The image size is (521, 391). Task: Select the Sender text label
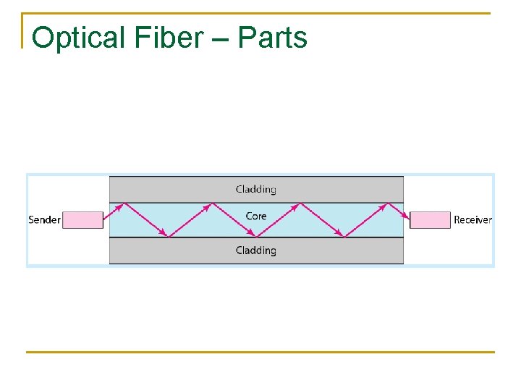tap(44, 219)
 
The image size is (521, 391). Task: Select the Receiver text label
tap(473, 219)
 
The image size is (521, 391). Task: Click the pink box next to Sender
tap(82, 219)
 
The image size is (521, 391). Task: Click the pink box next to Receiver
tap(430, 219)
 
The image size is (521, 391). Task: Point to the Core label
tap(256, 216)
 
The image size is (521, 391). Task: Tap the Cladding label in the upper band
tap(256, 189)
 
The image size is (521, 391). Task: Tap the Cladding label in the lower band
tap(256, 251)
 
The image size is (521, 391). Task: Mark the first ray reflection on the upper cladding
tap(124, 203)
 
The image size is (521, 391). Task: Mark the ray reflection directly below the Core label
tap(256, 236)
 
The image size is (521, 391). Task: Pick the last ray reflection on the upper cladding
tap(386, 203)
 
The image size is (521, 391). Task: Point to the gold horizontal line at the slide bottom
tap(260, 353)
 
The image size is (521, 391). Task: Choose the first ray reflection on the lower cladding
tap(168, 236)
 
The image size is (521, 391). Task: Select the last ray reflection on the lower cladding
tap(343, 236)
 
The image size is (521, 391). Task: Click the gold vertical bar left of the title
tap(24, 30)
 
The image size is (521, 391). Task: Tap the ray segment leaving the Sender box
tap(114, 211)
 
